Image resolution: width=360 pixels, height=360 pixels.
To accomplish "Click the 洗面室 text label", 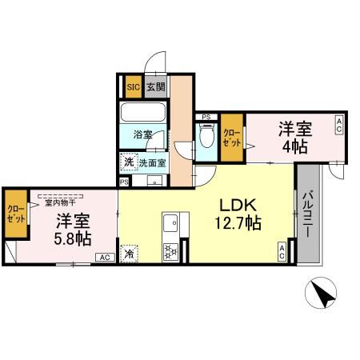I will [152, 162].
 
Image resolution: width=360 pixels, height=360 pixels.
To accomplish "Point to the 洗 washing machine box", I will [129, 162].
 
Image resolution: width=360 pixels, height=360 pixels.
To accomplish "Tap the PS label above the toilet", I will [206, 117].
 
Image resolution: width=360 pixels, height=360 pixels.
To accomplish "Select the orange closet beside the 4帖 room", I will [232, 136].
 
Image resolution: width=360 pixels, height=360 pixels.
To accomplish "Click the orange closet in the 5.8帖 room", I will [16, 214].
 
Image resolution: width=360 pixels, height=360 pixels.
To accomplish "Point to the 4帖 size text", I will [294, 146].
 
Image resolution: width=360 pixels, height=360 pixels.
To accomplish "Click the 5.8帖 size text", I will [73, 238].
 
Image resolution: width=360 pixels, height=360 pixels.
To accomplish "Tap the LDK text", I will [238, 204].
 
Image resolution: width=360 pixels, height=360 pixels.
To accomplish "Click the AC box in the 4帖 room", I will [338, 124].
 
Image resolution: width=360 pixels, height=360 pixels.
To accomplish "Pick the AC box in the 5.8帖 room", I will [104, 258].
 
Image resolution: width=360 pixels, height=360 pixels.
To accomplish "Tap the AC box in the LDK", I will [282, 251].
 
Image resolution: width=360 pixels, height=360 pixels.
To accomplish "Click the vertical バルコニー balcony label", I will [306, 215].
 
